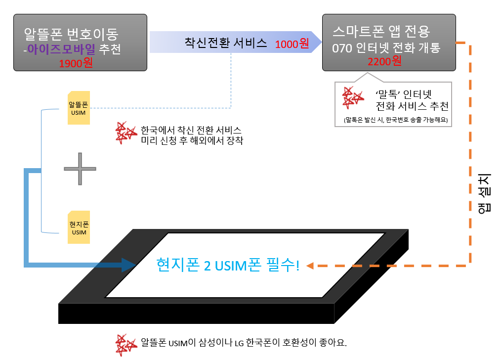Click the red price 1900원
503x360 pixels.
76,64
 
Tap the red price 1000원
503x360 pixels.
292,44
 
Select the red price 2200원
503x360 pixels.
384,61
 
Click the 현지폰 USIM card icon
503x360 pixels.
79,227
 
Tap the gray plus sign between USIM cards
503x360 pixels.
80,169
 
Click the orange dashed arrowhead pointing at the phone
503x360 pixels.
310,266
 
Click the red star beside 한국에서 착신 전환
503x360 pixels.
125,133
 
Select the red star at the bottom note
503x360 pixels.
126,344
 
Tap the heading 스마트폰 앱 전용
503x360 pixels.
381,32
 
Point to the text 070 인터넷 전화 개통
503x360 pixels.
386,48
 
